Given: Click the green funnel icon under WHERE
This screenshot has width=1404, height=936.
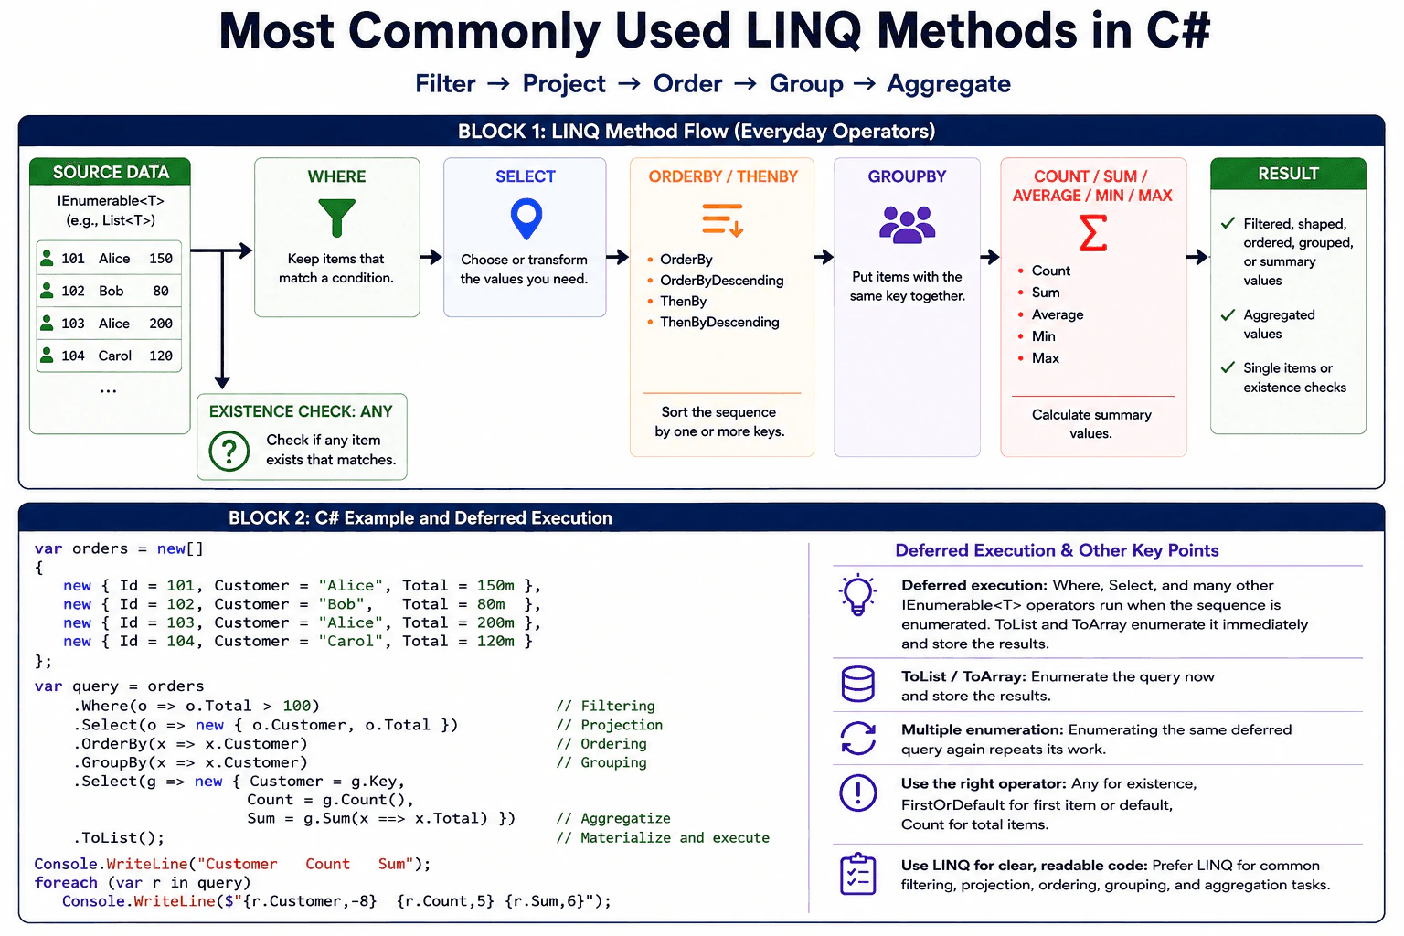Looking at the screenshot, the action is tap(336, 218).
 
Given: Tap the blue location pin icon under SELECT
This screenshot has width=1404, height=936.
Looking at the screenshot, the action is tap(526, 218).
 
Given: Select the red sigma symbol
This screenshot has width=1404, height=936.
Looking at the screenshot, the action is tap(1092, 232).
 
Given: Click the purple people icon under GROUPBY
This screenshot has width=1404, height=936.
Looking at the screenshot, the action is tap(907, 224).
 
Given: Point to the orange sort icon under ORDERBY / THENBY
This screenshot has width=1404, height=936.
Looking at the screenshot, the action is tap(723, 219).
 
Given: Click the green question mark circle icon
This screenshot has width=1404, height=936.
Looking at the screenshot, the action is tap(229, 451).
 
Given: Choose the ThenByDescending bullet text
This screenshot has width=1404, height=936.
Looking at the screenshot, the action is tap(719, 323).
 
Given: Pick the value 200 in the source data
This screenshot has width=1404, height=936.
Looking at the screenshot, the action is tap(161, 324).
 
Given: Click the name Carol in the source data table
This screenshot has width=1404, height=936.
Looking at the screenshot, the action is tap(114, 356).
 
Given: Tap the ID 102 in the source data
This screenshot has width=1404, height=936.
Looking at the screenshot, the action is tap(73, 291).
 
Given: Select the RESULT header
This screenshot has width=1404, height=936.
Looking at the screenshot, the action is tap(1288, 174).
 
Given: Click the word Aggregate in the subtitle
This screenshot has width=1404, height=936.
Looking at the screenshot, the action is tap(948, 84).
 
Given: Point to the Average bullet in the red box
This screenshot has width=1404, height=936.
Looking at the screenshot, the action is tap(1058, 314).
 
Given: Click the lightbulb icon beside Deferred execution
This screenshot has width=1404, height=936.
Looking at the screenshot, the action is tap(857, 594).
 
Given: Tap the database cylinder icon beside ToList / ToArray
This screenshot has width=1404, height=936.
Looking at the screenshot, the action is tap(857, 684).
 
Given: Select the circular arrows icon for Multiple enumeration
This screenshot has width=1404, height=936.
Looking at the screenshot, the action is tap(857, 738).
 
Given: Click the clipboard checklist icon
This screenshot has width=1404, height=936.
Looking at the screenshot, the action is tap(857, 873).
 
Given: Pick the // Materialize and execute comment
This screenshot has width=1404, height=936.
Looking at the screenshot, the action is tap(663, 837).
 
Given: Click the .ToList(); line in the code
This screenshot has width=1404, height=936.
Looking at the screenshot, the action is tap(119, 838).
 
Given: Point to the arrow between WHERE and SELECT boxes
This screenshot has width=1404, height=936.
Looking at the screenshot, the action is tap(431, 257).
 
